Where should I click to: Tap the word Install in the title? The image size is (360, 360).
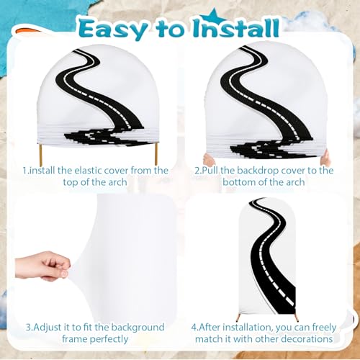click(237, 28)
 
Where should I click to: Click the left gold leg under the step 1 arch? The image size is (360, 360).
click(40, 152)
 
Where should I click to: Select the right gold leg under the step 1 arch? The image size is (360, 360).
click(156, 152)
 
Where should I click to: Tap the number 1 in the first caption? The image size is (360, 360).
click(25, 171)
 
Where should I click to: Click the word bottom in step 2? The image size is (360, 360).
click(238, 182)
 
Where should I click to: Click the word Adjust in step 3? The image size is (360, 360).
click(48, 328)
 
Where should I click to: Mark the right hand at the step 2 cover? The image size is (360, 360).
click(326, 158)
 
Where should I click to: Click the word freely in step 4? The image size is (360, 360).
click(324, 328)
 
